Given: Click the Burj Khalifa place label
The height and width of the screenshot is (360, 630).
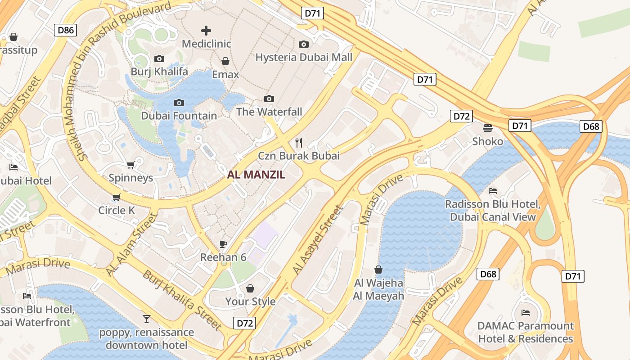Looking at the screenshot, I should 159,72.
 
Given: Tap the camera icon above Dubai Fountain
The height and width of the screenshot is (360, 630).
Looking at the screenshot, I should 179,103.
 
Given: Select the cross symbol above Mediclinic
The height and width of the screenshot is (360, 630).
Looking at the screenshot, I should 206,31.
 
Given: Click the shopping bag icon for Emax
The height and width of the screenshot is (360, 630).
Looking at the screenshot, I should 225,61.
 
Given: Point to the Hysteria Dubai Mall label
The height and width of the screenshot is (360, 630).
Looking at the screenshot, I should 304,57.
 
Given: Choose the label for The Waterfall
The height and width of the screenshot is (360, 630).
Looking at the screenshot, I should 269,112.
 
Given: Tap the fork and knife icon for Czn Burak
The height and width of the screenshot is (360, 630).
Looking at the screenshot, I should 299,143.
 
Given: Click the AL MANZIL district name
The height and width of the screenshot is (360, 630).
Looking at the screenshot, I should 256,175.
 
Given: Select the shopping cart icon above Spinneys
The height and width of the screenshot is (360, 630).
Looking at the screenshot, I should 131,165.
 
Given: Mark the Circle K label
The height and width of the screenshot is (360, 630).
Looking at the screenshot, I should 117,210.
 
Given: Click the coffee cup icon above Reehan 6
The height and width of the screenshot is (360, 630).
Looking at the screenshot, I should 223,244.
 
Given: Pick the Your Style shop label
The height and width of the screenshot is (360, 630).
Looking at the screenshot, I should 250,301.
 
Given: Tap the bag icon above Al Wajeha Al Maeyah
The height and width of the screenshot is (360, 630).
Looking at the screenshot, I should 378,270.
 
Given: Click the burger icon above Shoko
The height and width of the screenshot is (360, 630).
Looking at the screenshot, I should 488,128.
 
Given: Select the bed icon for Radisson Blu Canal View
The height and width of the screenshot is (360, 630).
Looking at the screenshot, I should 493,191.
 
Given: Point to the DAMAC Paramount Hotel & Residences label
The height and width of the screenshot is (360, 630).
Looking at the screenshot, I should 526,332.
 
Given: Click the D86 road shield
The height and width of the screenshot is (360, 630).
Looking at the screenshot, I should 65,30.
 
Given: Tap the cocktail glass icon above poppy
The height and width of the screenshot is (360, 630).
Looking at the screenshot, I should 147,319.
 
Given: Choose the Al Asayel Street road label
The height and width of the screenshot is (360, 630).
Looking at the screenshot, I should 317,240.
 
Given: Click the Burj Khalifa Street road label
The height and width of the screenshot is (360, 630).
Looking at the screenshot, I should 182,300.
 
